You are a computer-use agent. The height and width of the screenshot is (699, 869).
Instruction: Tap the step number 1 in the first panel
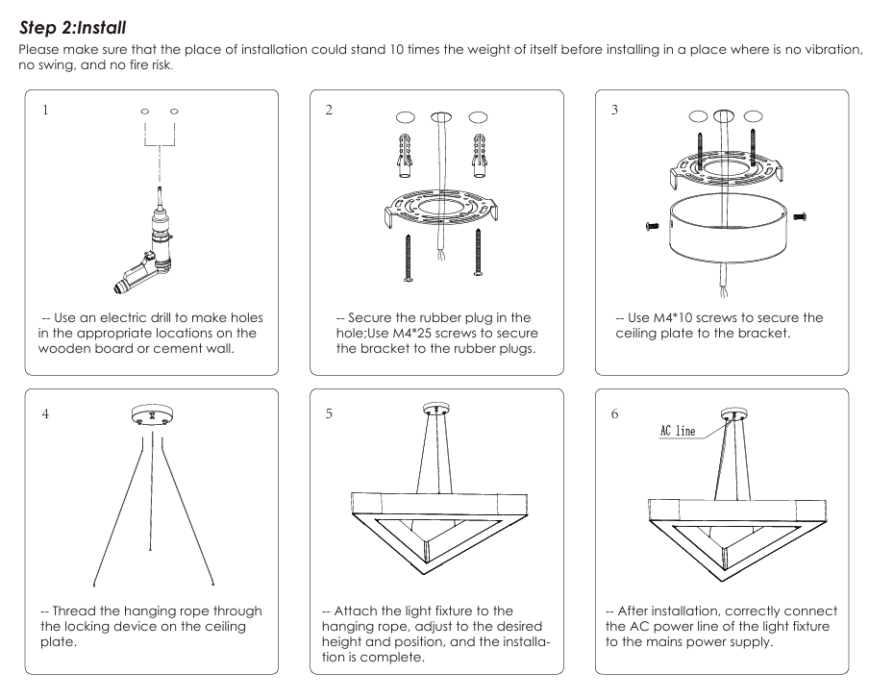44,110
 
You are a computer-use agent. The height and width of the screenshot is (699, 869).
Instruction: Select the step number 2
329,110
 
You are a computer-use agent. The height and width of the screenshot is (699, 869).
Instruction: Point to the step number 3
615,110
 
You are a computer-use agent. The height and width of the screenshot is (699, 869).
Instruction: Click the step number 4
44,413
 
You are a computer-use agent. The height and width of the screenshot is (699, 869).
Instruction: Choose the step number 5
329,413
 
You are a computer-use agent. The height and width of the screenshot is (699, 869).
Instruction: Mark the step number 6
615,413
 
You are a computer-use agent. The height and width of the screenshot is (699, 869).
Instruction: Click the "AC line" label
678,431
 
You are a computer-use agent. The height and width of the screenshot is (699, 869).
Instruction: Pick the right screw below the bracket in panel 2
477,255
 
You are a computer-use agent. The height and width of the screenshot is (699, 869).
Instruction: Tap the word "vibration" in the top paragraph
814,50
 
